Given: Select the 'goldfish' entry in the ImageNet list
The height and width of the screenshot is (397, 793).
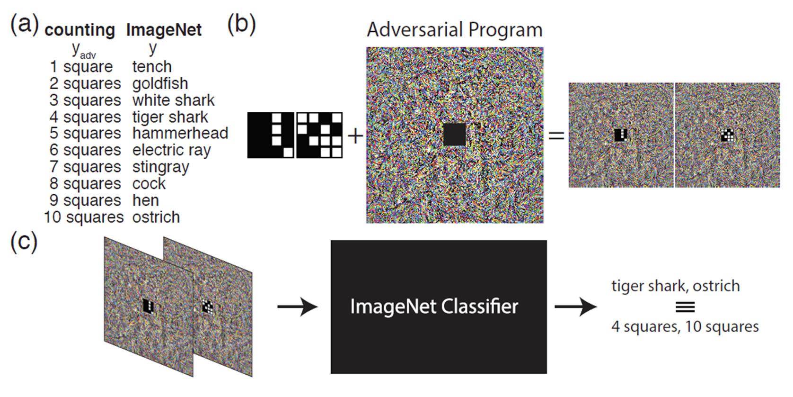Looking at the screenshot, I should click(160, 84).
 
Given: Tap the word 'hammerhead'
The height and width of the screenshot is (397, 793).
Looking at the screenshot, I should click(180, 133).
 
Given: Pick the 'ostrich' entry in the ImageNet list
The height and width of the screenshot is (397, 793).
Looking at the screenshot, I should click(156, 217).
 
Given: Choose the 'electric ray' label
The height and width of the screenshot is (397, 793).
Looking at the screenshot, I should click(171, 150).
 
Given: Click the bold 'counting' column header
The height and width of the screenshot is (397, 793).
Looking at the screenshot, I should click(79, 30).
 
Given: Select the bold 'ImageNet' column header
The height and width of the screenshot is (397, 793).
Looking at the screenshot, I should click(164, 30).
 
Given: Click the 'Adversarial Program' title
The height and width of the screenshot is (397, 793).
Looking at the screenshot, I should click(454, 30).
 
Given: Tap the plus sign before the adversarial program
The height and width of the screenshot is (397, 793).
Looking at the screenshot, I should click(355, 136).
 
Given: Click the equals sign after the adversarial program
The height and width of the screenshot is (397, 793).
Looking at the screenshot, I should click(556, 136).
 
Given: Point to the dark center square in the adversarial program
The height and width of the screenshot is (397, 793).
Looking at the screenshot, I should click(454, 135).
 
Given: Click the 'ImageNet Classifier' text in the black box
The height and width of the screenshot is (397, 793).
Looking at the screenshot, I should click(434, 307).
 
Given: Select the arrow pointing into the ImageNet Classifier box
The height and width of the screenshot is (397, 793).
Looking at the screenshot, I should click(297, 307).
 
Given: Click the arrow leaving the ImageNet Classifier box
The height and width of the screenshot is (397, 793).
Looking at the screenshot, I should click(575, 307).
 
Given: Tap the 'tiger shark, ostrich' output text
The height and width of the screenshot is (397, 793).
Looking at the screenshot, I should click(675, 286).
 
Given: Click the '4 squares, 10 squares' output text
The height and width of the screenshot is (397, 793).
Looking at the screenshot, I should click(685, 326).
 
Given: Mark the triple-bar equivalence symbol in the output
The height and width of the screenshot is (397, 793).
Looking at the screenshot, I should click(685, 307).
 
